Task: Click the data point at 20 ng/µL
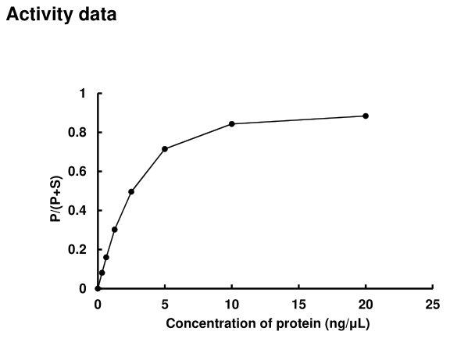tap(366, 116)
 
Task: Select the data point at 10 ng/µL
tap(232, 123)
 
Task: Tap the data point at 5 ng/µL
tap(165, 148)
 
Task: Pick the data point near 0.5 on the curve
tap(131, 191)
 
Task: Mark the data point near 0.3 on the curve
tap(115, 230)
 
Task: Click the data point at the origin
tap(98, 288)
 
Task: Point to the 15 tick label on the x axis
tap(298, 304)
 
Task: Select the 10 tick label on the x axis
tap(232, 304)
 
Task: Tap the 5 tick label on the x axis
tap(165, 304)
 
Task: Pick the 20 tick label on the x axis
tap(366, 304)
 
